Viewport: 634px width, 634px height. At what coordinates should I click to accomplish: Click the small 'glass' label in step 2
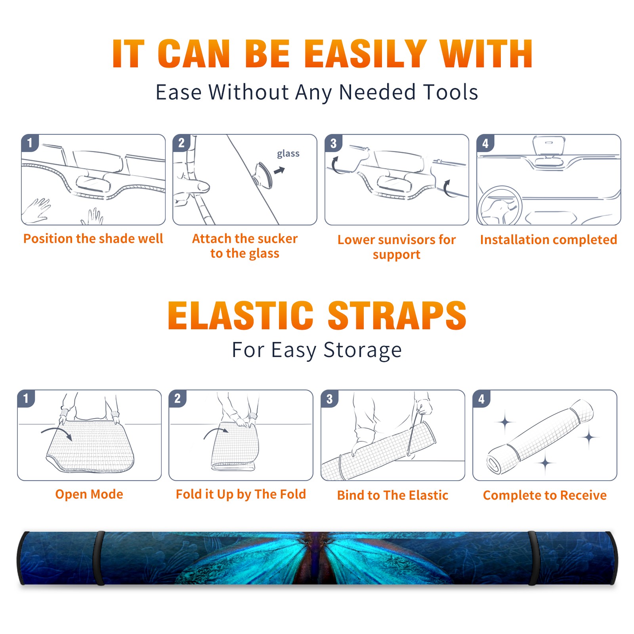(288, 153)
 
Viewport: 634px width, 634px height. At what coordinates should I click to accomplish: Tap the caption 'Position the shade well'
(93, 239)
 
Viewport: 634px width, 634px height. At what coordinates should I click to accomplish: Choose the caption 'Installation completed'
(548, 239)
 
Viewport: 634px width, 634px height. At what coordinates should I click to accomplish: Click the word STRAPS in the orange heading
(397, 315)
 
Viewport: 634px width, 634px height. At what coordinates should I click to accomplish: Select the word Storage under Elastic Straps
(362, 350)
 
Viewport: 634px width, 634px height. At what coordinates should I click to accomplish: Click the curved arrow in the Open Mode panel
(57, 432)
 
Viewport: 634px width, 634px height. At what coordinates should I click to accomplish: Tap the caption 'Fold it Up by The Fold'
(241, 494)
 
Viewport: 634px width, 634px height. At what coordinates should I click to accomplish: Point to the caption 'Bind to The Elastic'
(393, 495)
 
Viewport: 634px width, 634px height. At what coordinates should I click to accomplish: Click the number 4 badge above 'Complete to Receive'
(481, 399)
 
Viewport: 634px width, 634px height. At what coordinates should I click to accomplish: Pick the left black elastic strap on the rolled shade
(99, 558)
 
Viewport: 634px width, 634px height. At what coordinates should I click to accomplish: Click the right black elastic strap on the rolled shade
(533, 558)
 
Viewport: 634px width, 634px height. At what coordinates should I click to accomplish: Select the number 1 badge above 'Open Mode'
(26, 399)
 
